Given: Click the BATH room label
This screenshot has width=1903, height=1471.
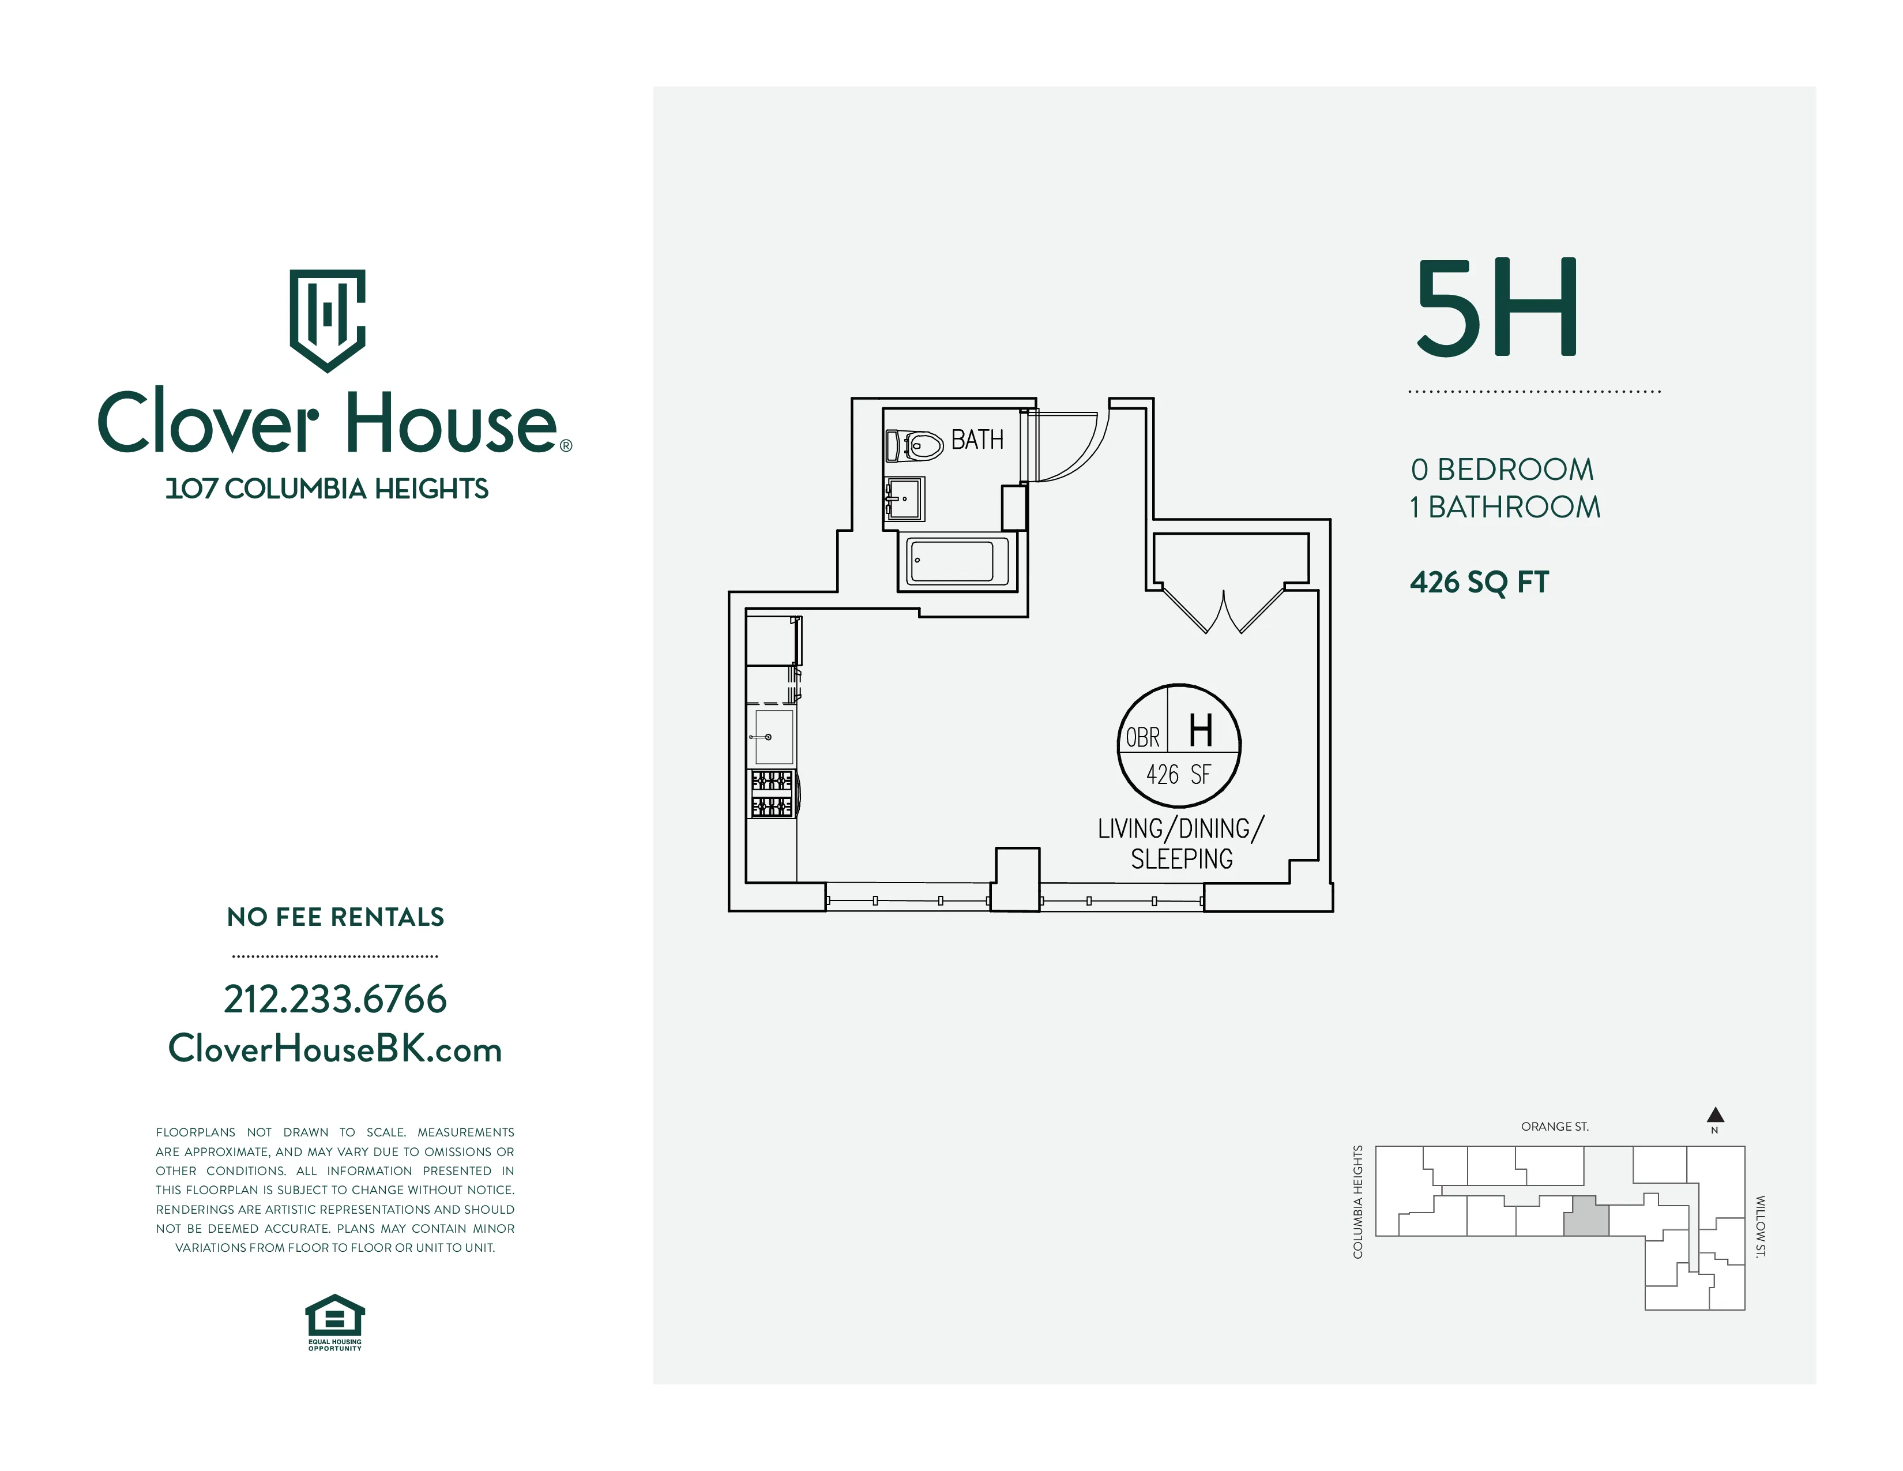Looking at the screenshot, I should click(x=977, y=440).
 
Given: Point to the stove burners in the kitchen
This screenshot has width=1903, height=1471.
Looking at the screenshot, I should click(x=772, y=793).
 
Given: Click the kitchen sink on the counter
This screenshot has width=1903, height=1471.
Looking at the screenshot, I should click(x=773, y=737).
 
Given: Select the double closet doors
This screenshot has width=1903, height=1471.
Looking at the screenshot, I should click(x=1223, y=610).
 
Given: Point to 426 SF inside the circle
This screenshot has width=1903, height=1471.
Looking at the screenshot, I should click(x=1178, y=774).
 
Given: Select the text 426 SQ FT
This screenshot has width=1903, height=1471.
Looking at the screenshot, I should click(x=1479, y=581).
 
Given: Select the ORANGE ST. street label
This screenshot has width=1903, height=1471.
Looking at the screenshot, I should click(x=1555, y=1127).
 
